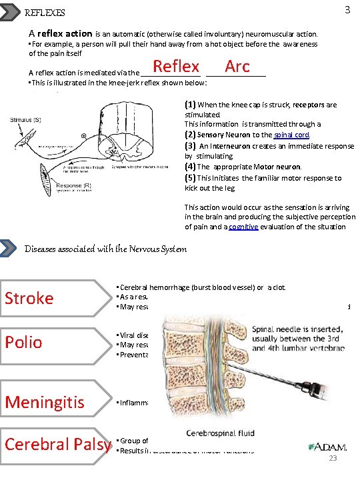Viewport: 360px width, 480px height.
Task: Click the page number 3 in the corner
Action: (347, 10)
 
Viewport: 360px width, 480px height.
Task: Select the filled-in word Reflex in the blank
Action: (176, 67)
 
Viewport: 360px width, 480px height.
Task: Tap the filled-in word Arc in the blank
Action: (237, 67)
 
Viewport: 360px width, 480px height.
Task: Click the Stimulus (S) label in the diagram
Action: (24, 120)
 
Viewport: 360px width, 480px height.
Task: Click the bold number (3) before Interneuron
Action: (191, 145)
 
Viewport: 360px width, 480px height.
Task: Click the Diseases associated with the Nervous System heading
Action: (105, 249)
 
